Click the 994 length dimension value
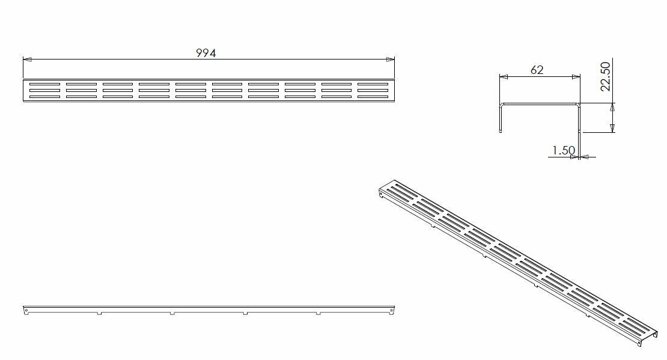206,53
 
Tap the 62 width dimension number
537,70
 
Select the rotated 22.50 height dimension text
605,76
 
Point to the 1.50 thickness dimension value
564,150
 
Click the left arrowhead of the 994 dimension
27,59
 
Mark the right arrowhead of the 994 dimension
390,59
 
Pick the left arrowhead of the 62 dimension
504,77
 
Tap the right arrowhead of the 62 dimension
576,77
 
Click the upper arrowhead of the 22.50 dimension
612,107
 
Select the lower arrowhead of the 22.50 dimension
612,127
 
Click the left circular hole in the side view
27,311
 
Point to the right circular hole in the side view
391,311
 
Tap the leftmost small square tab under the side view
99,313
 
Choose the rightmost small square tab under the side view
318,313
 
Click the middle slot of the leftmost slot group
44,90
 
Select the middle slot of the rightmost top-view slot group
373,90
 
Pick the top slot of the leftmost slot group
44,84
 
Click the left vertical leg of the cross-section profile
501,118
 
